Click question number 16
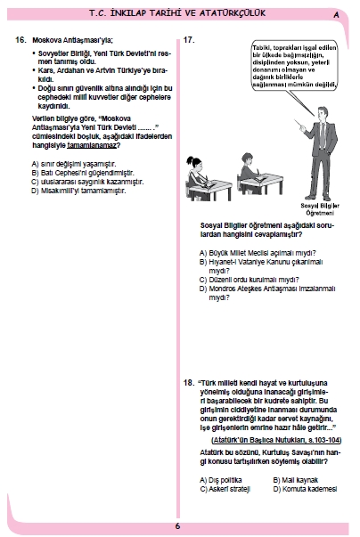(x=20, y=40)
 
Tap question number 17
(x=189, y=40)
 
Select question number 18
(x=189, y=383)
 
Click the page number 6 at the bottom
(x=177, y=526)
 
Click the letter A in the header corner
(x=336, y=15)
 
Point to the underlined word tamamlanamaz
(x=92, y=145)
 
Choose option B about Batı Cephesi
(x=83, y=173)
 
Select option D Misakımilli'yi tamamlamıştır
(x=78, y=191)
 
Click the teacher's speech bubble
(x=294, y=67)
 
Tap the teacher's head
(x=323, y=113)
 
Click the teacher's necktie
(x=323, y=135)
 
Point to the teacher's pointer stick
(x=299, y=124)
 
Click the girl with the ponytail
(x=197, y=177)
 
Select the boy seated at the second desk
(x=250, y=171)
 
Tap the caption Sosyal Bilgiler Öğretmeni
(x=320, y=209)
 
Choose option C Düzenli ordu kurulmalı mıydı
(x=249, y=280)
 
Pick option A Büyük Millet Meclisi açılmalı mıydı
(x=258, y=253)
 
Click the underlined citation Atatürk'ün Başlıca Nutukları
(x=276, y=440)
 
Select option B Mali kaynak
(x=296, y=480)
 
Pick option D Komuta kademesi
(x=305, y=489)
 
